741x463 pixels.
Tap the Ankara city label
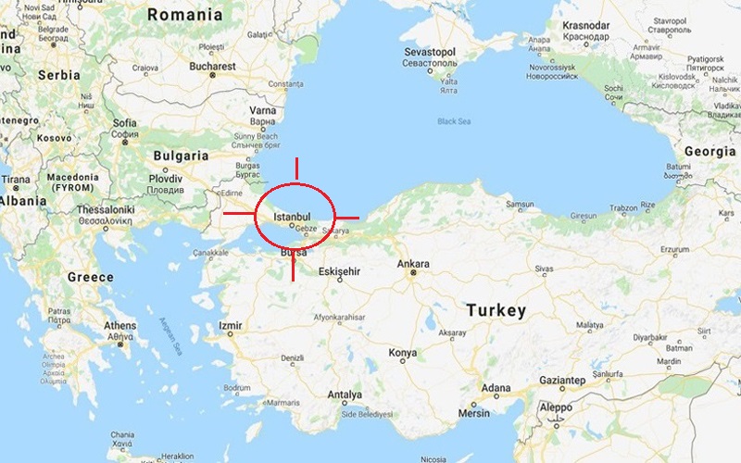[x=413, y=264]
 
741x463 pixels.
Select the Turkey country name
[x=496, y=309]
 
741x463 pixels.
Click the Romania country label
[x=185, y=15]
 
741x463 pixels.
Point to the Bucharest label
[x=213, y=67]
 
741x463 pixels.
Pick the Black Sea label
[x=454, y=121]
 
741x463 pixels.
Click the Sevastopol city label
[x=428, y=53]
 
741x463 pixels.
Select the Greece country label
[x=90, y=277]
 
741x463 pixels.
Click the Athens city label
[x=119, y=326]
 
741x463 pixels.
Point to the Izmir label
[x=231, y=326]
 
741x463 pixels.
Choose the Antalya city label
[x=344, y=394]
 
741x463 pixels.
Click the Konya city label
[x=402, y=353]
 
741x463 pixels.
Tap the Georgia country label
[x=709, y=150]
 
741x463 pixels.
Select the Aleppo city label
[x=557, y=407]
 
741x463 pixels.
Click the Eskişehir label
[x=338, y=271]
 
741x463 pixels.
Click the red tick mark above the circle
[x=296, y=169]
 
